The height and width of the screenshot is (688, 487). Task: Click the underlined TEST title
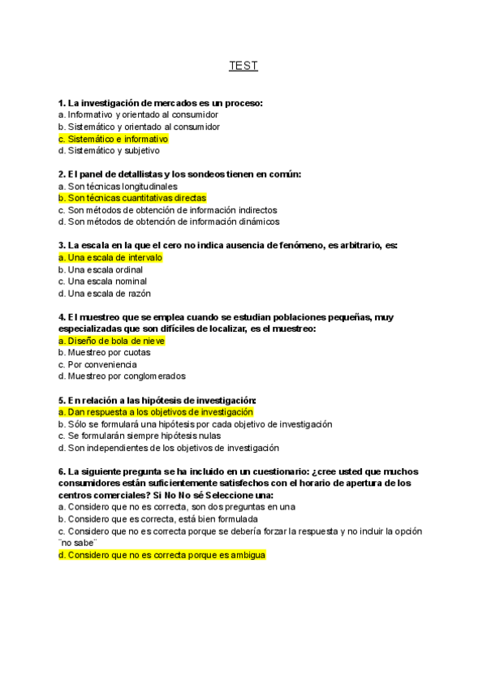coord(243,66)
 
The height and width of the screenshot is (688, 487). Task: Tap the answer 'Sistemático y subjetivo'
coord(109,150)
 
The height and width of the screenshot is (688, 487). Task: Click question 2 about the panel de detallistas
coord(179,174)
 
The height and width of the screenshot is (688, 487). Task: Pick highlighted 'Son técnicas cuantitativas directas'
coord(132,197)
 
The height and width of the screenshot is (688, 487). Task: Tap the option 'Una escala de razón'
coord(105,293)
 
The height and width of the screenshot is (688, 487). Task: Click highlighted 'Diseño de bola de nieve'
coord(111,341)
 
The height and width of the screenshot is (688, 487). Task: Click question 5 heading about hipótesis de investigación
coord(157,400)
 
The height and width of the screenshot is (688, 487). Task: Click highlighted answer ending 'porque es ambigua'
coord(162,555)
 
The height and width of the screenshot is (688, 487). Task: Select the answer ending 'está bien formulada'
coord(158,518)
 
